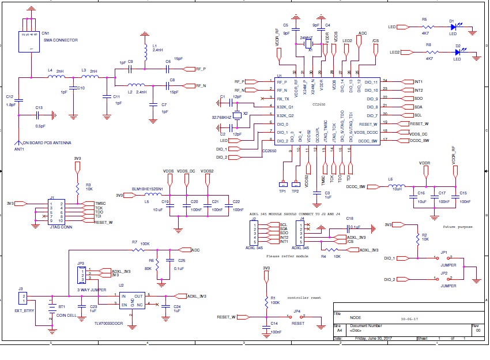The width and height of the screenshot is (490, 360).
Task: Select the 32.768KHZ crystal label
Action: click(222, 118)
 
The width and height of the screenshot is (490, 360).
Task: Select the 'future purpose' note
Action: click(457, 227)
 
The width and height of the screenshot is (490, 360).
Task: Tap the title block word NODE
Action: click(357, 317)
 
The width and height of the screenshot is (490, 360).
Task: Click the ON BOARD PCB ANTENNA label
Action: click(47, 142)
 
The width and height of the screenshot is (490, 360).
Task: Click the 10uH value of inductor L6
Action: click(397, 188)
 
